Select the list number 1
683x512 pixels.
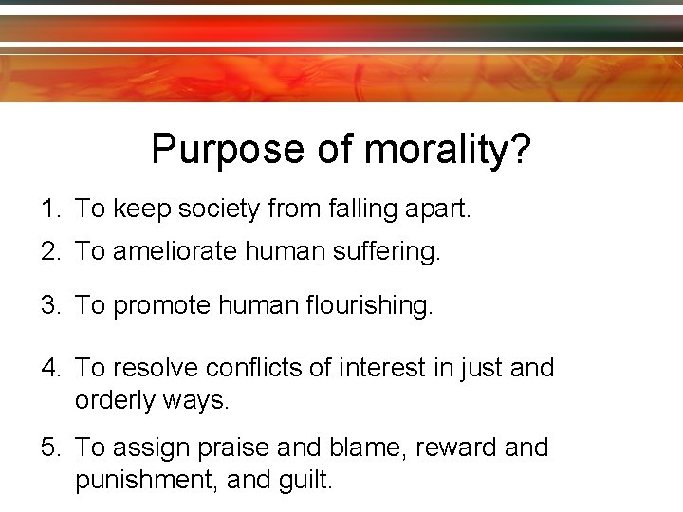click(x=47, y=209)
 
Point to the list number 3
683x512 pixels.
click(x=47, y=305)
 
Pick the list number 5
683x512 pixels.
click(x=47, y=448)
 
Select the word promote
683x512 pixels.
click(x=157, y=305)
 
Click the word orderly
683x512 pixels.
click(x=116, y=400)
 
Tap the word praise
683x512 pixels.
click(x=229, y=448)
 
